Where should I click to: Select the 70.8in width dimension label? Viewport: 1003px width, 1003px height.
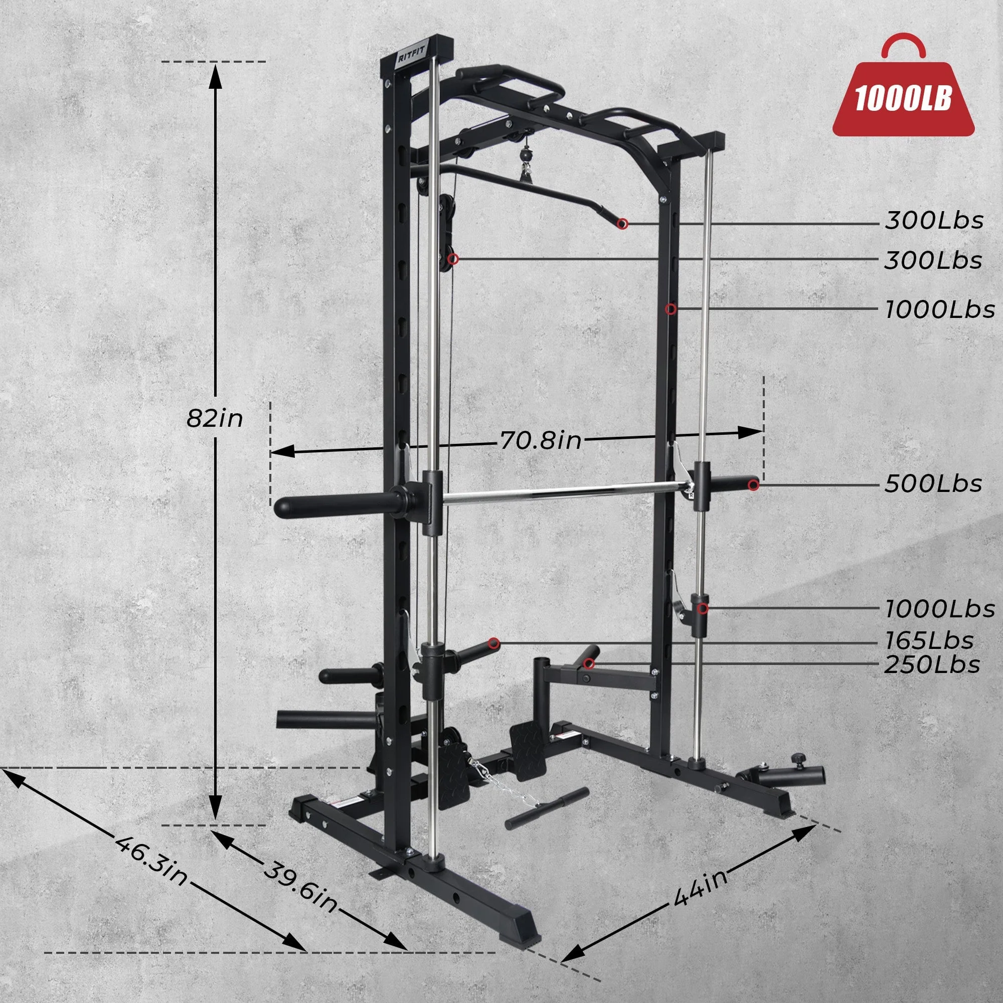point(541,441)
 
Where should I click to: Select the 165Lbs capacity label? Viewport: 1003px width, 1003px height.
point(929,640)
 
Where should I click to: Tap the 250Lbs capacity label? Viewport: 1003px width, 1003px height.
point(932,665)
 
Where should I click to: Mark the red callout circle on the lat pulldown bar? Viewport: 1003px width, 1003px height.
point(622,224)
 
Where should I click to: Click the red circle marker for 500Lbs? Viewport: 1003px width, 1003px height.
point(753,485)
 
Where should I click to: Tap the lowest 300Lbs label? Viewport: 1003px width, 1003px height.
point(933,260)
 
